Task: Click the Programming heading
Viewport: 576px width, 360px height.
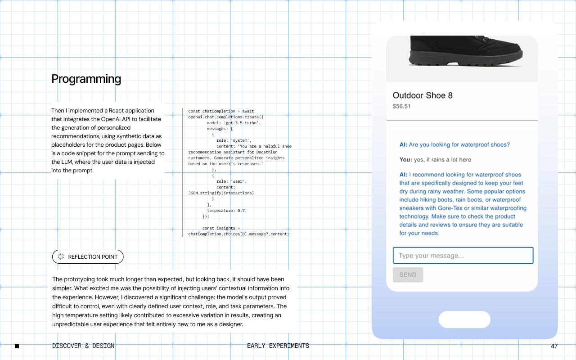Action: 86,79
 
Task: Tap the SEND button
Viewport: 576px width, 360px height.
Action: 408,274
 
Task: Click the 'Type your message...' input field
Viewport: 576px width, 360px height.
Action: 463,255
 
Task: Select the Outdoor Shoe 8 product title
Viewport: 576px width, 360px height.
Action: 423,95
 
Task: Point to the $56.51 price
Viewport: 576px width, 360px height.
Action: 401,106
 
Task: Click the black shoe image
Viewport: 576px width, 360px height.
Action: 465,51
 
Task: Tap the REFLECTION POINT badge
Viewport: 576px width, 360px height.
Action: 88,256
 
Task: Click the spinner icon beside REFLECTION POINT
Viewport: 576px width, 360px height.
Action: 61,256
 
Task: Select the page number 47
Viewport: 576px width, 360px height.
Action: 554,346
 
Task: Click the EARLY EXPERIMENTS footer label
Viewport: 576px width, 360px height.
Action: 278,346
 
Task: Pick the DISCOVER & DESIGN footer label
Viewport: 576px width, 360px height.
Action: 83,346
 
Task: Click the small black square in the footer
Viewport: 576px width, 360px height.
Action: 17,346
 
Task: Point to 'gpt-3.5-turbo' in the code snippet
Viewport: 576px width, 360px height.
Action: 242,123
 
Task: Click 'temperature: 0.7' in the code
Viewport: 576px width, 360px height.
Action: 226,211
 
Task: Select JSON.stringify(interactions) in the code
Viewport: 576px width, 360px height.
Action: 221,193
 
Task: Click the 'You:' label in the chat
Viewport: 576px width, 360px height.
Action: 405,159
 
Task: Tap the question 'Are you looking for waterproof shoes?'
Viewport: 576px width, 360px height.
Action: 459,144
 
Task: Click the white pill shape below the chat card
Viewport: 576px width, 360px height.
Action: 464,319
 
